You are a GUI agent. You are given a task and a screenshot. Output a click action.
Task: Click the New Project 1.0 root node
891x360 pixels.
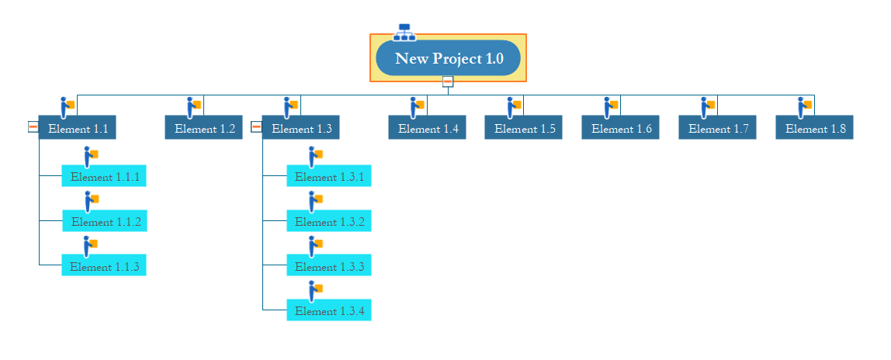[448, 58]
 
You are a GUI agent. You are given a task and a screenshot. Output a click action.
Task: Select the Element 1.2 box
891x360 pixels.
[204, 128]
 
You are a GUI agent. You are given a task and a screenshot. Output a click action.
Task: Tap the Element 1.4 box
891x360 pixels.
[428, 128]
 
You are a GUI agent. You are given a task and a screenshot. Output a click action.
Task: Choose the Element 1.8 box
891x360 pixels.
[814, 128]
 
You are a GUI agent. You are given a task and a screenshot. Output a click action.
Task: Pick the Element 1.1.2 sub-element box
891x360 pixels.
[105, 221]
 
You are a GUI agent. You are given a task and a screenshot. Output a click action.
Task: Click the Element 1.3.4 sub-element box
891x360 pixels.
[329, 310]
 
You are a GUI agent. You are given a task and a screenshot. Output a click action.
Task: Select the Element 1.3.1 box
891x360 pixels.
[329, 176]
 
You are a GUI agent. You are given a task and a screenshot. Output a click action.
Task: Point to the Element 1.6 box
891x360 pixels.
[621, 128]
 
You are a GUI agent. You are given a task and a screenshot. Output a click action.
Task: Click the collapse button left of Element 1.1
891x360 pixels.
[33, 126]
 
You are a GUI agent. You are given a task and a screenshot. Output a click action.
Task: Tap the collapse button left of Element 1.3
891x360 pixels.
[256, 126]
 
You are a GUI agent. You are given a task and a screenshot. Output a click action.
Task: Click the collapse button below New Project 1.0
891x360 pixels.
[448, 81]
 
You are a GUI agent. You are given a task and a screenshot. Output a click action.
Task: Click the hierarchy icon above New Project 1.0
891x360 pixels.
[404, 33]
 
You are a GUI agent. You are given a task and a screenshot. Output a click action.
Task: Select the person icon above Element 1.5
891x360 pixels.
[515, 107]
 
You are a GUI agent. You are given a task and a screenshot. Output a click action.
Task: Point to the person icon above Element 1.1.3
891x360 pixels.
[91, 247]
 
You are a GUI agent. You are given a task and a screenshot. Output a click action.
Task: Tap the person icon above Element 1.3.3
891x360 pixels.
[316, 247]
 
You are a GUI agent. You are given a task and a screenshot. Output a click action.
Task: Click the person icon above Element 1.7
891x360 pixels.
[708, 107]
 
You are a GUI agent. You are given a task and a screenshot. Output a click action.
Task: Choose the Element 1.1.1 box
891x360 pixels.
[104, 176]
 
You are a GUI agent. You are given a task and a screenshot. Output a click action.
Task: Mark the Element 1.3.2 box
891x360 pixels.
[329, 221]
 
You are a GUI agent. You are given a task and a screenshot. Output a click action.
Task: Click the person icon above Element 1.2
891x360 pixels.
[194, 107]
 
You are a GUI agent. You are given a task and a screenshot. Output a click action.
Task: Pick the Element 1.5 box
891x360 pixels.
[523, 128]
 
